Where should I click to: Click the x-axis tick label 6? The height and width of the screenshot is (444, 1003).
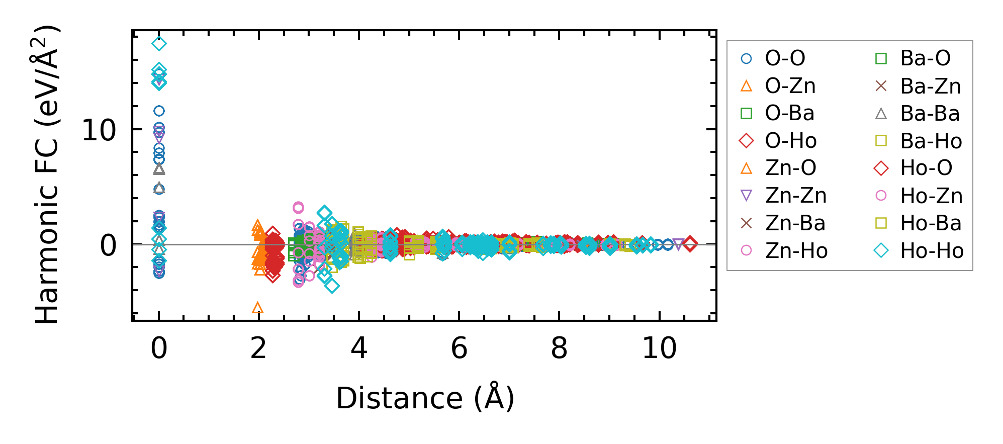(x=459, y=348)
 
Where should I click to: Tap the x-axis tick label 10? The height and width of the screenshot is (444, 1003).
(x=659, y=348)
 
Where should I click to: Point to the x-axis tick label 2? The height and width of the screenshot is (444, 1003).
(x=258, y=348)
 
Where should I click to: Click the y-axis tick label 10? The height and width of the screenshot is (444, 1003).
(x=99, y=130)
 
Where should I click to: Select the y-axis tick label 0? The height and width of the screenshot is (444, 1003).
(x=108, y=245)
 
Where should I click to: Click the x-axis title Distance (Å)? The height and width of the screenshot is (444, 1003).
(x=425, y=398)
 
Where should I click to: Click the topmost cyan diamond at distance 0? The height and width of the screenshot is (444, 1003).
(x=159, y=44)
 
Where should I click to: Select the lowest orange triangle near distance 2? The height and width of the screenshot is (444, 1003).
(x=257, y=308)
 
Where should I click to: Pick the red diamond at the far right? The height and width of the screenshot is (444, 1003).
(x=690, y=244)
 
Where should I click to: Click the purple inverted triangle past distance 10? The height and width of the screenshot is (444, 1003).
(x=678, y=245)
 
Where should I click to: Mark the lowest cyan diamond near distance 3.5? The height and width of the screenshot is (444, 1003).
(x=332, y=286)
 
